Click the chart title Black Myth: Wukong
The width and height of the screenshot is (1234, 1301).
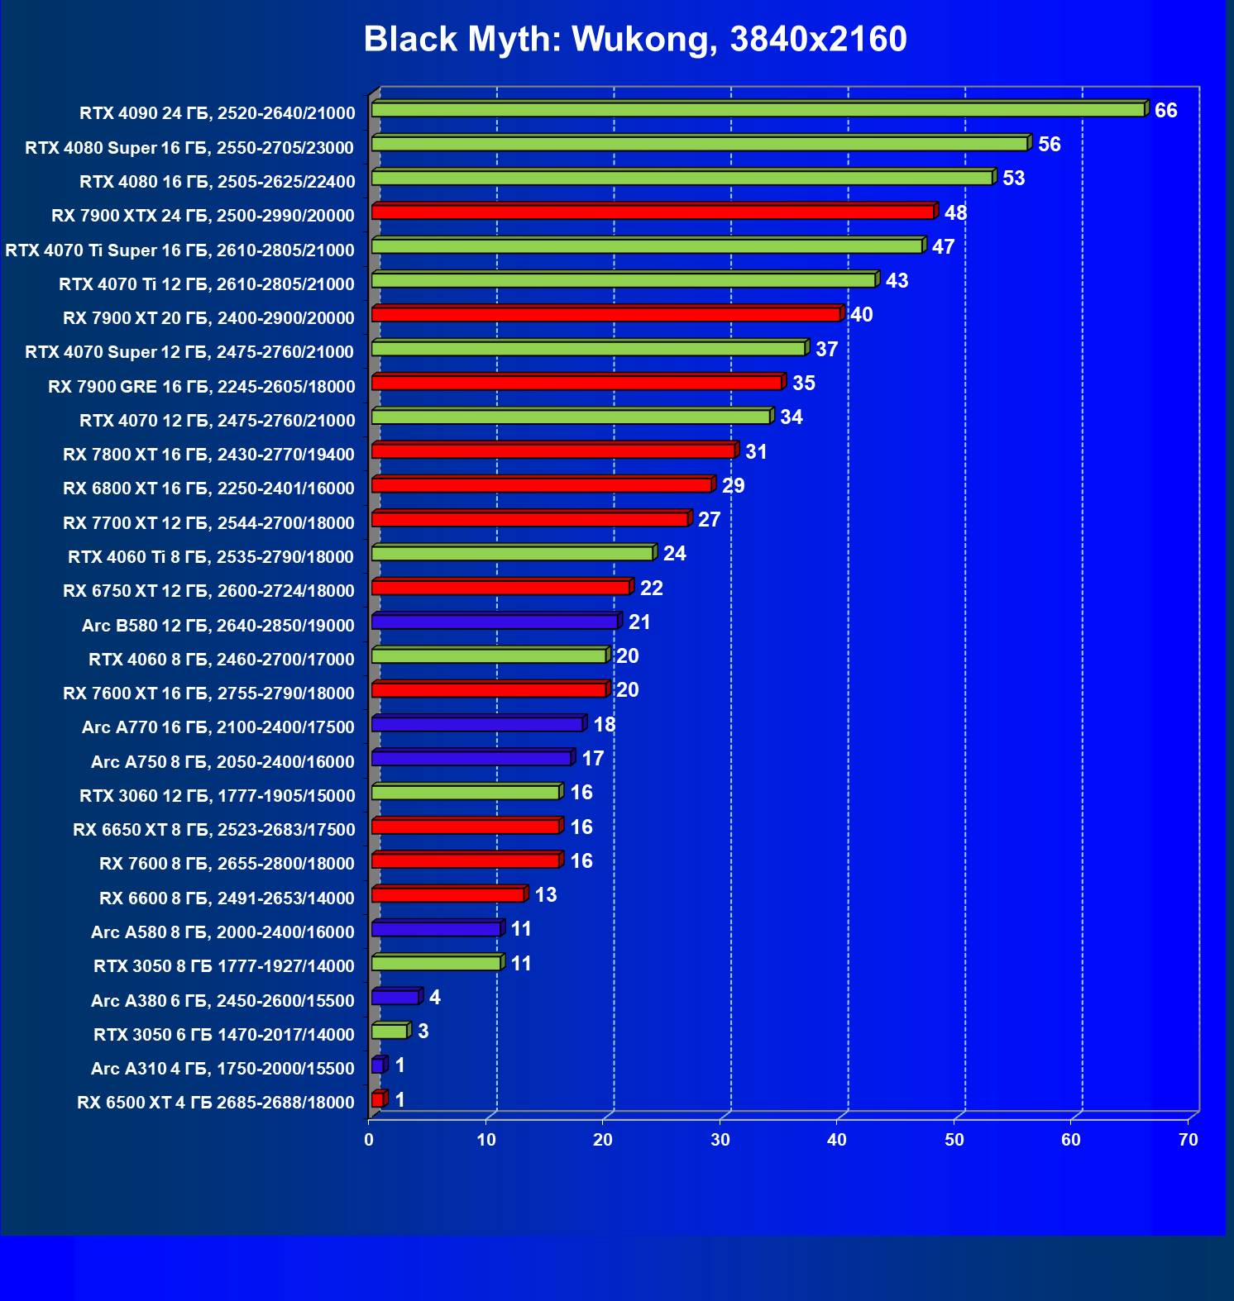(634, 39)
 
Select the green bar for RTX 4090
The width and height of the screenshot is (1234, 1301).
(758, 110)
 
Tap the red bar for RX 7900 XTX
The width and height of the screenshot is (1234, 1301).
(653, 212)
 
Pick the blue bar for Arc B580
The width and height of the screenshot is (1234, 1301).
(495, 622)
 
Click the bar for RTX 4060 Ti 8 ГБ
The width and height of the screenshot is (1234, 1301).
(512, 554)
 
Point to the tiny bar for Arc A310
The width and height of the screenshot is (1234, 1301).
(378, 1066)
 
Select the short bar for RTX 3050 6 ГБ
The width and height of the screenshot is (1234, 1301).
(390, 1032)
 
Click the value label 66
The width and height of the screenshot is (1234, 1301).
(1165, 111)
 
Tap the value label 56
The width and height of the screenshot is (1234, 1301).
(1049, 145)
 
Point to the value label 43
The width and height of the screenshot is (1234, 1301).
(897, 281)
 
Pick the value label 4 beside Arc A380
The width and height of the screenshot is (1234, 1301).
(435, 998)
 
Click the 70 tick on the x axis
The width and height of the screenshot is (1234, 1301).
(1188, 1140)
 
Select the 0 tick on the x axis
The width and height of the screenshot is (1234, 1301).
(369, 1140)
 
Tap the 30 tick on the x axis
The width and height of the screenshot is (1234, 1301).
(720, 1140)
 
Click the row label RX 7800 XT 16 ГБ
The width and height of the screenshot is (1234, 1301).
(208, 455)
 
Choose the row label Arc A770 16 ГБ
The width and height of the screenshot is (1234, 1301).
(218, 727)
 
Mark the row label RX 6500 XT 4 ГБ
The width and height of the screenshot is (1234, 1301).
(215, 1103)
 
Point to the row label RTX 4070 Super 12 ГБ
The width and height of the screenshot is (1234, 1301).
(189, 352)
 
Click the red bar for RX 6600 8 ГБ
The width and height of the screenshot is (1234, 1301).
(448, 895)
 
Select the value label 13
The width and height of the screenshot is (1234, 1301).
(546, 895)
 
